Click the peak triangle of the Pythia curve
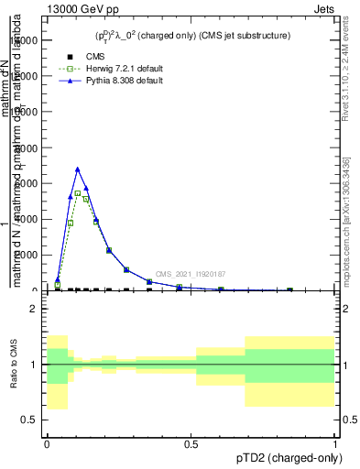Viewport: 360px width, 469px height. click(x=78, y=169)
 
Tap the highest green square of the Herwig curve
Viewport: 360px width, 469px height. click(x=78, y=193)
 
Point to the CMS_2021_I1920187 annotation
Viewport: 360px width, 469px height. click(x=191, y=274)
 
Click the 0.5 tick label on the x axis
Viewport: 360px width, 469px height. click(x=191, y=443)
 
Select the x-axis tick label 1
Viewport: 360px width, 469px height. click(x=335, y=443)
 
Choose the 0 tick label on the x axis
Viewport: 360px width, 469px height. click(x=47, y=443)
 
